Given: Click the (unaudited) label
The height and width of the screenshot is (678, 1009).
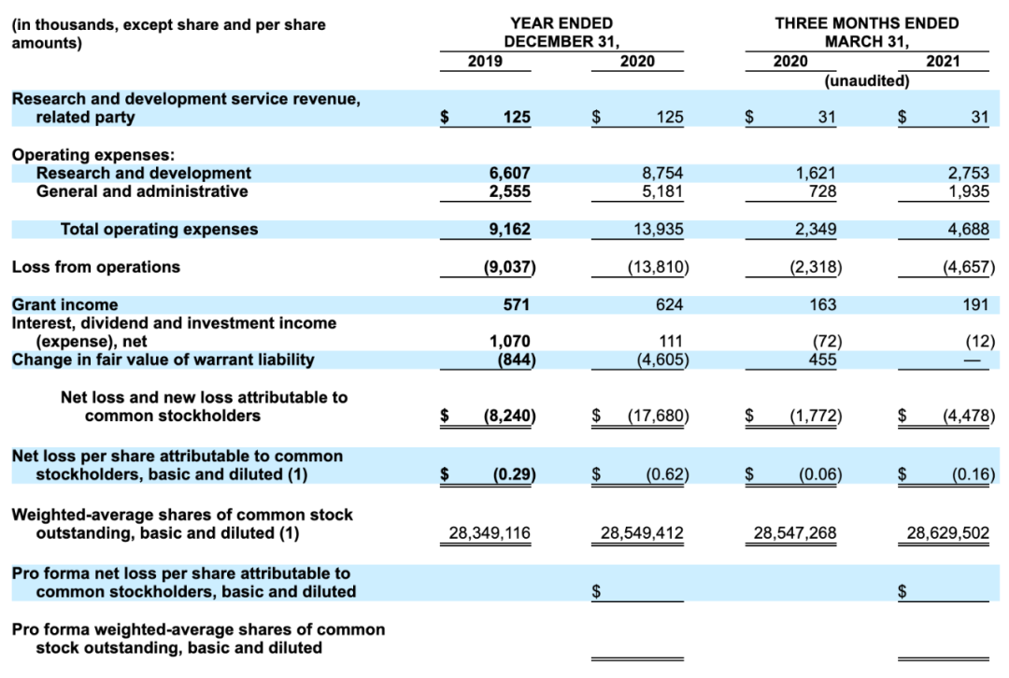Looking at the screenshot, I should pos(867,81).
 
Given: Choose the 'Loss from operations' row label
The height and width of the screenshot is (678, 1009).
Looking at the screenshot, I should pos(95,267).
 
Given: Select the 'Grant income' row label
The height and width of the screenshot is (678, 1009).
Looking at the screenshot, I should pos(64,304).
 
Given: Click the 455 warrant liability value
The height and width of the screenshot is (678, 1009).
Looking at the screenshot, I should pos(821,360).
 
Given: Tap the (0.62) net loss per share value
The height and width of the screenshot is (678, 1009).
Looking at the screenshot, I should pos(667,474).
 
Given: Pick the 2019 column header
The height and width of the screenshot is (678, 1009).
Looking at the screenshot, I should pos(484,62).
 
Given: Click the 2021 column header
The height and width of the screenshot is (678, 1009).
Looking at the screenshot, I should pos(943,62).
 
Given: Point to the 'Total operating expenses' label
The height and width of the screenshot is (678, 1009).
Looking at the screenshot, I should pos(159,229).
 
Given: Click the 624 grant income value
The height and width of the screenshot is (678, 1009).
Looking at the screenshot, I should pos(669,304).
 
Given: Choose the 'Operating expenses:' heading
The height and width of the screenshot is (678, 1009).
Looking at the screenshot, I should pos(93,155).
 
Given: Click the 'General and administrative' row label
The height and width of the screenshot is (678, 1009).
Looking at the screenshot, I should pos(142,191).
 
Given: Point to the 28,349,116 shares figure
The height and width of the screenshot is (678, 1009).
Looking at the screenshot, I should pos(489,533).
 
